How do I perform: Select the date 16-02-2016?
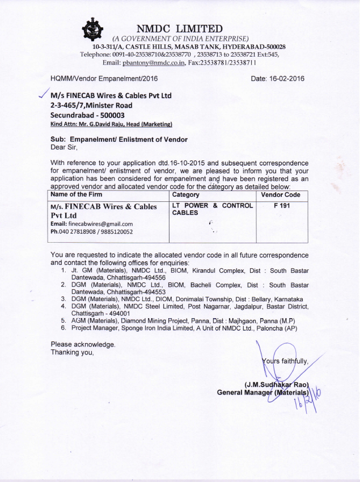point(277,78)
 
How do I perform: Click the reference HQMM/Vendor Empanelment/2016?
point(104,78)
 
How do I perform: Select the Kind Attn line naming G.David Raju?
point(111,124)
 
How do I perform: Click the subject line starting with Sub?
point(119,139)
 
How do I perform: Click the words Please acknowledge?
point(83,344)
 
